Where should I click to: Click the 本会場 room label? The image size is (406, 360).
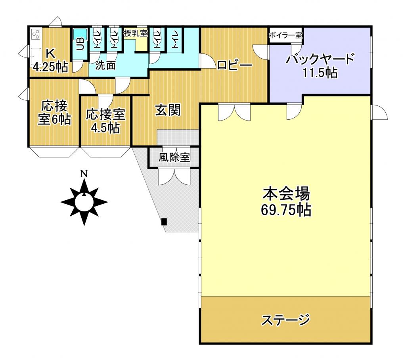tap(285, 194)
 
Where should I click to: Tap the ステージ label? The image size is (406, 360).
tap(285, 319)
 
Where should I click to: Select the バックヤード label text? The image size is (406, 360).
tap(320, 59)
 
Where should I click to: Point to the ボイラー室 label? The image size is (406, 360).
tap(285, 35)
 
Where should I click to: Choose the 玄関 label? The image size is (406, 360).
tap(167, 110)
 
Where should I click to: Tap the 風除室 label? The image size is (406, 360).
tap(174, 157)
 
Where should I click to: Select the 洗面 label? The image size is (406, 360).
tap(105, 65)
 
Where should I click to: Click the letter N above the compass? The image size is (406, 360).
tap(84, 173)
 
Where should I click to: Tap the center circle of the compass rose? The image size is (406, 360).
tap(84, 202)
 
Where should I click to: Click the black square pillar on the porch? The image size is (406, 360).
tap(164, 222)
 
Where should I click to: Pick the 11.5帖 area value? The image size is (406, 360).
tap(320, 73)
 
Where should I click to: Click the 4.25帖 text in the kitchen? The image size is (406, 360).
tap(50, 67)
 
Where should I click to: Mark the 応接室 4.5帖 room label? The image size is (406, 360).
tap(105, 121)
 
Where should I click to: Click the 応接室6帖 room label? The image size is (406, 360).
tap(54, 113)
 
